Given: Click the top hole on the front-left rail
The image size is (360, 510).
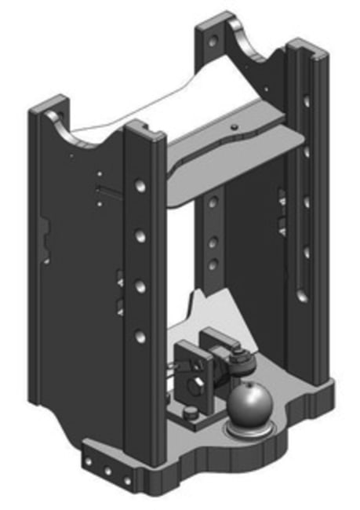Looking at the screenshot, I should (139, 186).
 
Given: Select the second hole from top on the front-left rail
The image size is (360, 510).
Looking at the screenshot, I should (139, 235).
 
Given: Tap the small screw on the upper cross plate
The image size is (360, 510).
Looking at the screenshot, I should (233, 126).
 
